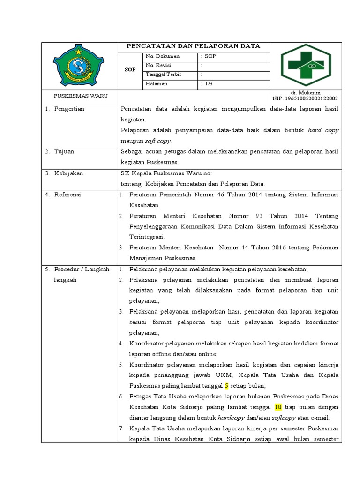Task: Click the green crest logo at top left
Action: (79, 65)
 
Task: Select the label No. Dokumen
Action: (163, 56)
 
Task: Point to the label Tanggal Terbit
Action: (164, 75)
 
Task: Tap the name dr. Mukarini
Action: (306, 93)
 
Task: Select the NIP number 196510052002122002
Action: (305, 99)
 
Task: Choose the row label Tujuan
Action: (64, 151)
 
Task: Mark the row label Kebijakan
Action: (68, 173)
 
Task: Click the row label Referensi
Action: (68, 194)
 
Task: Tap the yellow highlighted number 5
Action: (226, 386)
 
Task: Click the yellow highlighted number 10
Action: (277, 407)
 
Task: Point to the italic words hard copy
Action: (323, 130)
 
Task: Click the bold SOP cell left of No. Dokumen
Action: (130, 70)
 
